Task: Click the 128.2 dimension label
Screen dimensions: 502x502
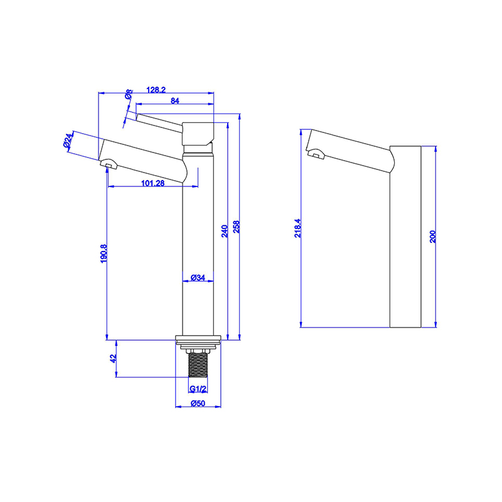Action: (x=156, y=90)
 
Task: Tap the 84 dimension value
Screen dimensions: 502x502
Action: (x=175, y=100)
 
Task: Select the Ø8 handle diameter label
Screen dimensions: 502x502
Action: (x=129, y=95)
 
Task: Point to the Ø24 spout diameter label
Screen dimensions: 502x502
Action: (x=69, y=140)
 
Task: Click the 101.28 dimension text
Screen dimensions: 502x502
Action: (x=153, y=183)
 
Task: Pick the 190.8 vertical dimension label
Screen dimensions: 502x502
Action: (x=104, y=254)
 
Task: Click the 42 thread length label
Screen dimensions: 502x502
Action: (x=114, y=358)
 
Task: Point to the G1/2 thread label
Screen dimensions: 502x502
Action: (x=198, y=389)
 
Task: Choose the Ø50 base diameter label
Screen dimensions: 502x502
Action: (x=198, y=403)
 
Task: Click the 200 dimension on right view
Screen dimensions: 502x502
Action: (x=432, y=237)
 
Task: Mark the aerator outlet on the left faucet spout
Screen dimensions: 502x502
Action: (x=110, y=164)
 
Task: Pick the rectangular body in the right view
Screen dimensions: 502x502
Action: (x=405, y=238)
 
